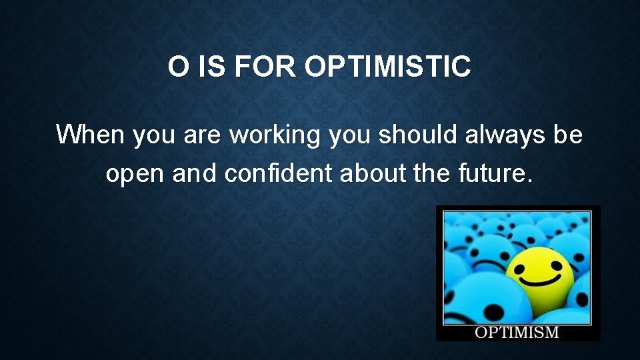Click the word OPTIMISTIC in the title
[x=388, y=67]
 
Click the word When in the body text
[x=91, y=135]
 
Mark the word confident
[x=279, y=174]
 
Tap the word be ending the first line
[x=568, y=135]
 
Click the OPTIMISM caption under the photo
[x=517, y=332]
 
